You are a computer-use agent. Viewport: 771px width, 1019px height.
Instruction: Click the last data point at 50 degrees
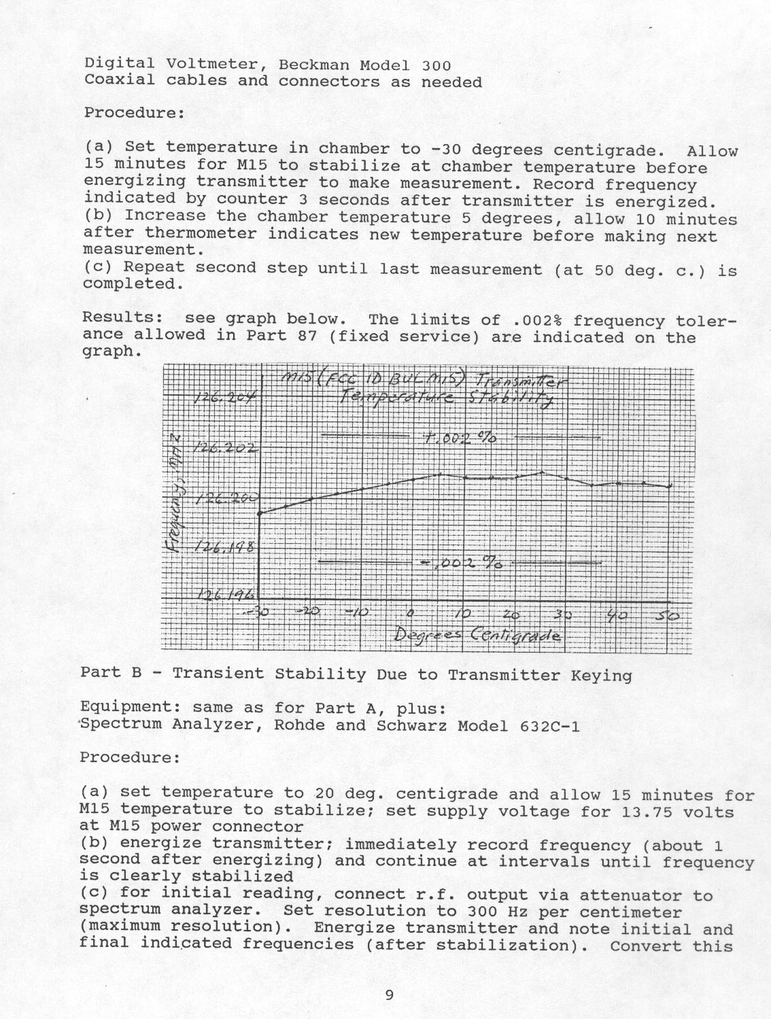[x=670, y=486]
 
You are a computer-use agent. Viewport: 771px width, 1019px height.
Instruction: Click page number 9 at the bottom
[x=389, y=996]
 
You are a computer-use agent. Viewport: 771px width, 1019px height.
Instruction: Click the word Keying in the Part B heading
[x=600, y=675]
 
